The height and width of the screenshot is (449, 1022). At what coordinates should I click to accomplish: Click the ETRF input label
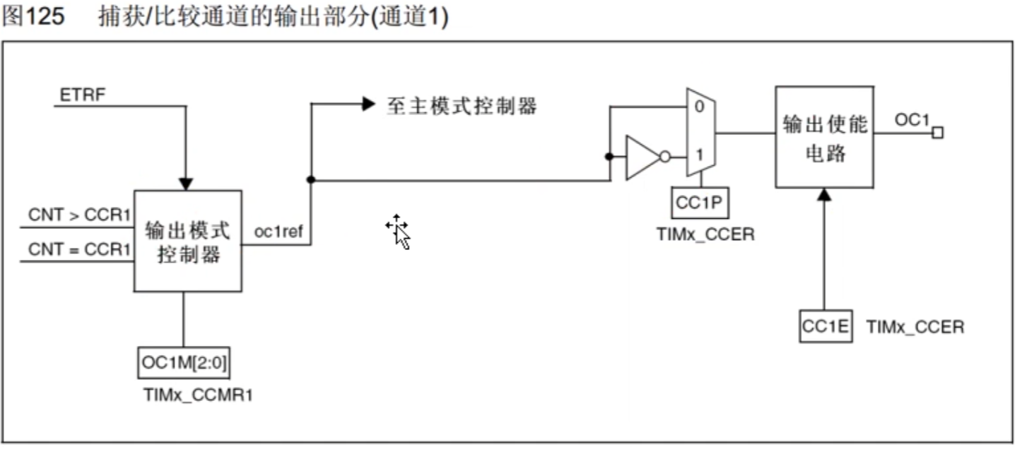tap(83, 95)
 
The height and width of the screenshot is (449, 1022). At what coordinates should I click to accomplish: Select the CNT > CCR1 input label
tap(79, 215)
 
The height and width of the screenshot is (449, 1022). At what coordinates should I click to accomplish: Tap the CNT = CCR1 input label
tap(79, 249)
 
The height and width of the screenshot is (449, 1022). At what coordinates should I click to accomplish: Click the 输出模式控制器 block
tap(188, 241)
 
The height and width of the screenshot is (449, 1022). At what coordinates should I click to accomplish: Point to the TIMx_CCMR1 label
tap(197, 395)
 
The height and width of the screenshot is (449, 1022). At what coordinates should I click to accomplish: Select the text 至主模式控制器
tap(462, 106)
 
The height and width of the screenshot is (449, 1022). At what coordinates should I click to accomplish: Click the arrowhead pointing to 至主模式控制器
tap(368, 104)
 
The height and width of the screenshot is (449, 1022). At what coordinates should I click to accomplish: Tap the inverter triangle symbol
tap(642, 157)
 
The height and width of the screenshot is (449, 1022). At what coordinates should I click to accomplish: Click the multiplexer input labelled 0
tap(698, 107)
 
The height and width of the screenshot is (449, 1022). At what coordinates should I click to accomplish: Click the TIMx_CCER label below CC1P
tap(705, 234)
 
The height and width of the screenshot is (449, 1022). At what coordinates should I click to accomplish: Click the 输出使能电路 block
tap(824, 137)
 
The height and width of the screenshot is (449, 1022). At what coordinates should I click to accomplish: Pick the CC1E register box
tap(826, 327)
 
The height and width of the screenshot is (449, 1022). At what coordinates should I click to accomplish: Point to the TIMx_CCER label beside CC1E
tap(915, 327)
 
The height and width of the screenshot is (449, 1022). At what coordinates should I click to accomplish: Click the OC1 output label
tap(912, 119)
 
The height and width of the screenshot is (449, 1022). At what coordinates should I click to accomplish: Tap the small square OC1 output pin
tap(937, 133)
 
